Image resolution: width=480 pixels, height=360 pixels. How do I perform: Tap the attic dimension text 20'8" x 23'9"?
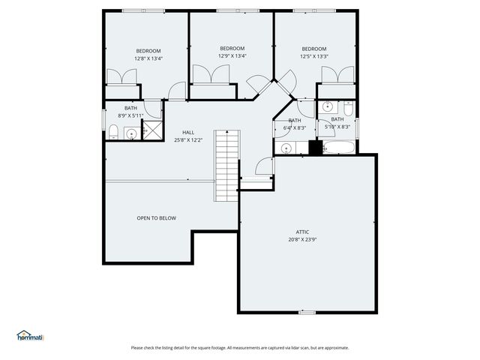[x=302, y=240]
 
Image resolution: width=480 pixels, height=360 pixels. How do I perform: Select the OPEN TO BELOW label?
[x=156, y=218]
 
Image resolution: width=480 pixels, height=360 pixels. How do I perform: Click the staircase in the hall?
[x=226, y=166]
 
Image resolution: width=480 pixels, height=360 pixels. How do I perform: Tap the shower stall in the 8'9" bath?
[x=152, y=130]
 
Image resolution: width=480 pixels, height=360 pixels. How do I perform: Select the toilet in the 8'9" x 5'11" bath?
[x=112, y=133]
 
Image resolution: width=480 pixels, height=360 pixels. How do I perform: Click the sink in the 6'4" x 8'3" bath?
[x=286, y=148]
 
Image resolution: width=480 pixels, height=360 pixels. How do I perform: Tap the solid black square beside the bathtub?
[x=315, y=146]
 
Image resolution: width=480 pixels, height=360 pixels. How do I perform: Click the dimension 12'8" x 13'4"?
[x=148, y=58]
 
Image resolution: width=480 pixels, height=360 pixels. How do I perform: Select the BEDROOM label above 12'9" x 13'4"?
[x=232, y=49]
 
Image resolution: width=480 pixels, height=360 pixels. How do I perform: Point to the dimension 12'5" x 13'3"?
[x=313, y=55]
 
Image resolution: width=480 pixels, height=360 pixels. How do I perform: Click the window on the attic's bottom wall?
[x=307, y=311]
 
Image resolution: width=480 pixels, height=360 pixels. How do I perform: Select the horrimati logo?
[x=31, y=336]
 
